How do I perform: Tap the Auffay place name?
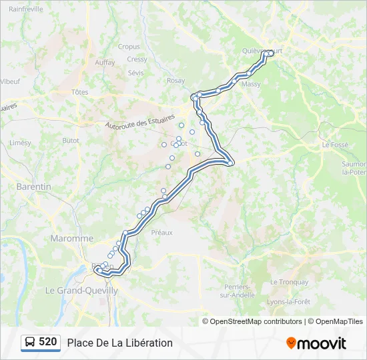pos(105,62)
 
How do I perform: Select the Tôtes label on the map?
pos(80,92)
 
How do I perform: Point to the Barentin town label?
pos(33,187)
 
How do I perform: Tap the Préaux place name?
pos(162,233)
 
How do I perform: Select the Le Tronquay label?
pos(289,282)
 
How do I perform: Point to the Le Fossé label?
pos(335,144)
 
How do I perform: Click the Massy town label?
pos(252,85)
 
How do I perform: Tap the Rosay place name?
pos(176,81)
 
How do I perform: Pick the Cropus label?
pos(129,47)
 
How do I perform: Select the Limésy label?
pos(20,143)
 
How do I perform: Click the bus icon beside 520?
pos(30,343)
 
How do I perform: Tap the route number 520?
pos(48,342)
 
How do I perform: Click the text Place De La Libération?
pos(119,343)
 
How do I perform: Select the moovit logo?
pos(316,343)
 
